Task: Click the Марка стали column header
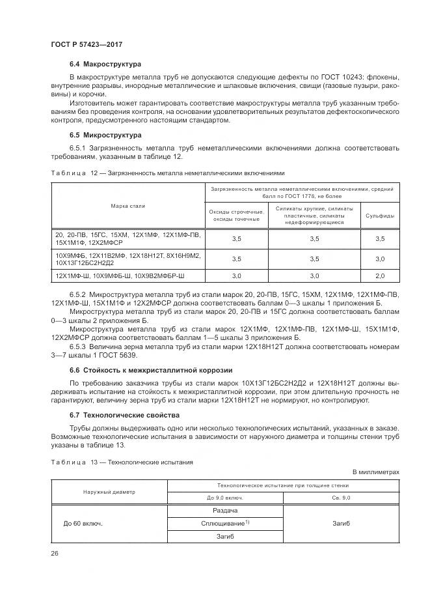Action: pyautogui.click(x=128, y=206)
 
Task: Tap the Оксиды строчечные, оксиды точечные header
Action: pyautogui.click(x=235, y=216)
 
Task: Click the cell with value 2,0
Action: pyautogui.click(x=379, y=277)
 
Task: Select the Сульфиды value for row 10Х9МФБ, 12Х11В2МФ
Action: pyautogui.click(x=379, y=259)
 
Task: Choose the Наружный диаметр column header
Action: pyautogui.click(x=109, y=492)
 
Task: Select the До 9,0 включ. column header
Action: pyautogui.click(x=225, y=498)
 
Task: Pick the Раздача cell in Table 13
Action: pyautogui.click(x=225, y=511)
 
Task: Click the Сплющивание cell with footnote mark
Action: pyautogui.click(x=225, y=524)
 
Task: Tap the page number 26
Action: pyautogui.click(x=55, y=554)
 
